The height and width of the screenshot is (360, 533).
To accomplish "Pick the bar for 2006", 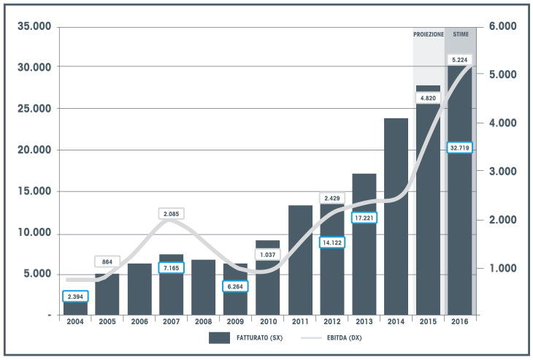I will point(139,289).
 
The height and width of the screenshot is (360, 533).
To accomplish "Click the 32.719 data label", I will point(460,148).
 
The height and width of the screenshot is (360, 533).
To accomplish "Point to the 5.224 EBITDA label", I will point(460,59).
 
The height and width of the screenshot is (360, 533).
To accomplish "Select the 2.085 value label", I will point(172,214).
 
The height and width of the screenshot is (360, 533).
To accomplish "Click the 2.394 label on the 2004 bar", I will point(75,296).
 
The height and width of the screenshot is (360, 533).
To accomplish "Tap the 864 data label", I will point(107,261).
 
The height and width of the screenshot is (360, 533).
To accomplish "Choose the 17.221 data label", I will point(364,218).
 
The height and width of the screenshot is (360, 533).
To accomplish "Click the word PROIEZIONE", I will point(428,34).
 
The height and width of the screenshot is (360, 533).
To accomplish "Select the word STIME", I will point(460,34).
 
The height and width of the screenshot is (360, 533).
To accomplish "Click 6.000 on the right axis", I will point(502,27).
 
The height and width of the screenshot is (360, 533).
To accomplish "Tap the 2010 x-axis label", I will point(268,322).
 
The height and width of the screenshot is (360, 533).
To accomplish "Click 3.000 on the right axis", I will point(502,171).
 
